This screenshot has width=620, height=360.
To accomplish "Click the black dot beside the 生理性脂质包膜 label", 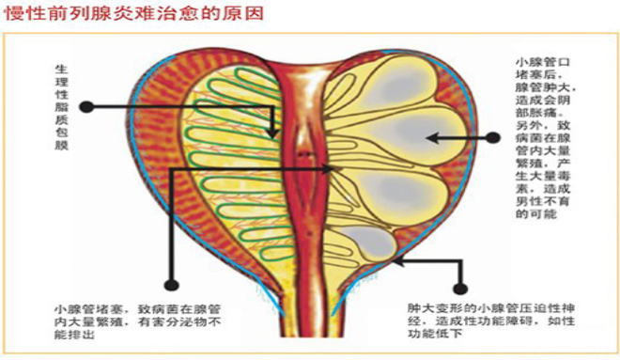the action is coord(86,107).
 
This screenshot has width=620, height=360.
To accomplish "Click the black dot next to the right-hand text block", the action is coord(494,137).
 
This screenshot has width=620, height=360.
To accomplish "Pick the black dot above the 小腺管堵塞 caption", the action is coord(170,281).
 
